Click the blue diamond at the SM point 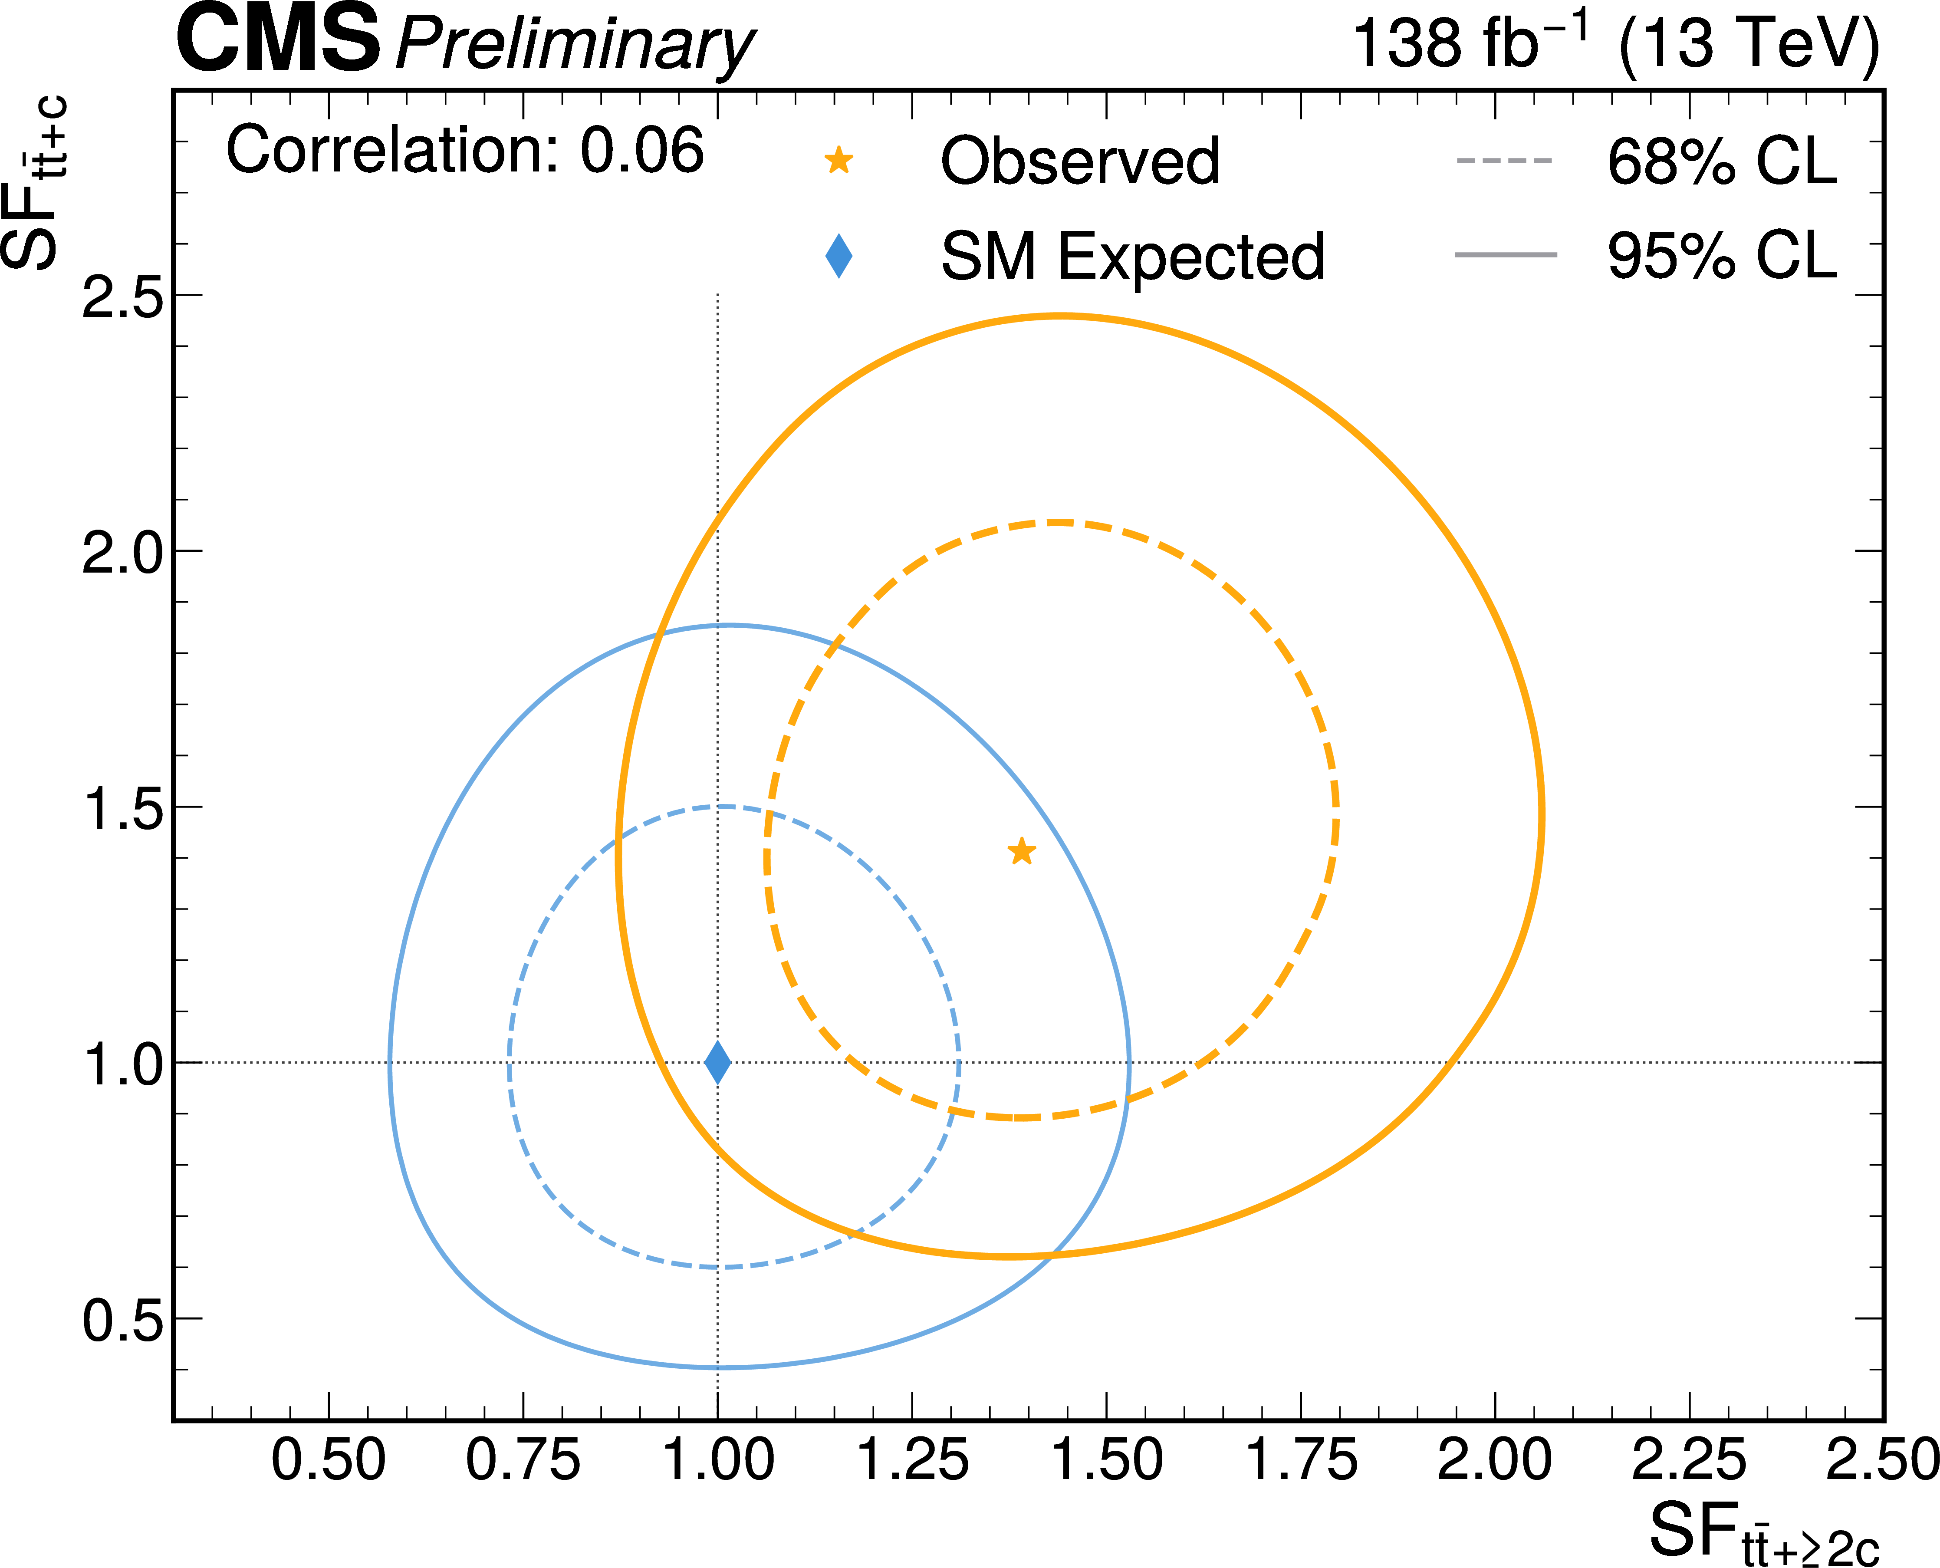tap(717, 1062)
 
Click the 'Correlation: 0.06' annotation tap(464, 150)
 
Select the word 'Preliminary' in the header tap(575, 45)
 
